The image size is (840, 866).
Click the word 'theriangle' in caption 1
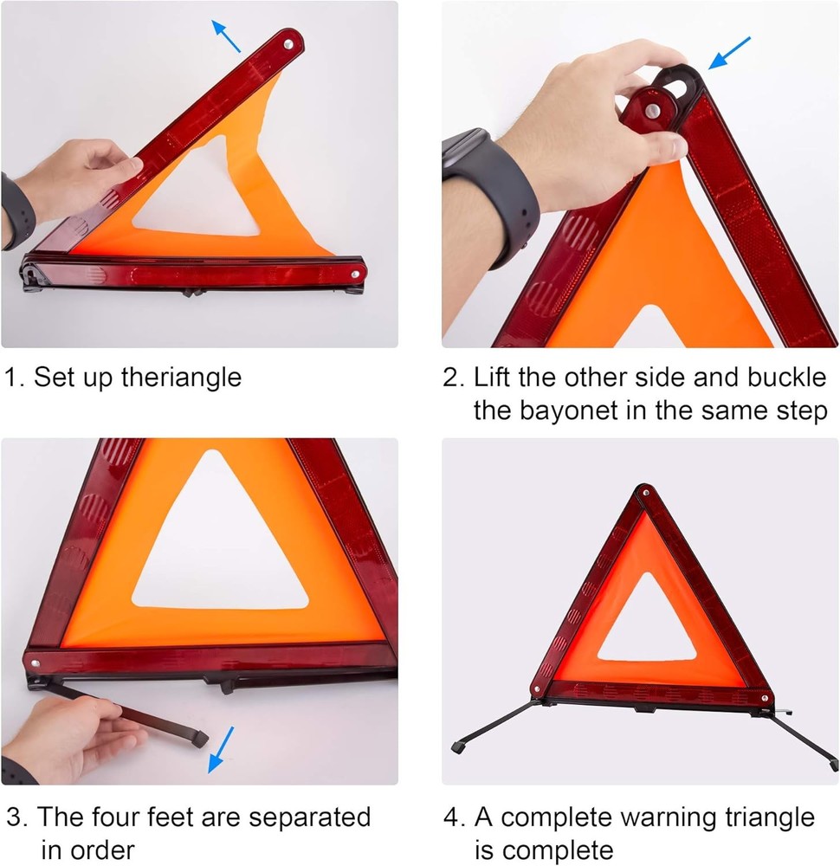pyautogui.click(x=181, y=378)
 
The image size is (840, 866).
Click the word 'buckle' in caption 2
pyautogui.click(x=785, y=378)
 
